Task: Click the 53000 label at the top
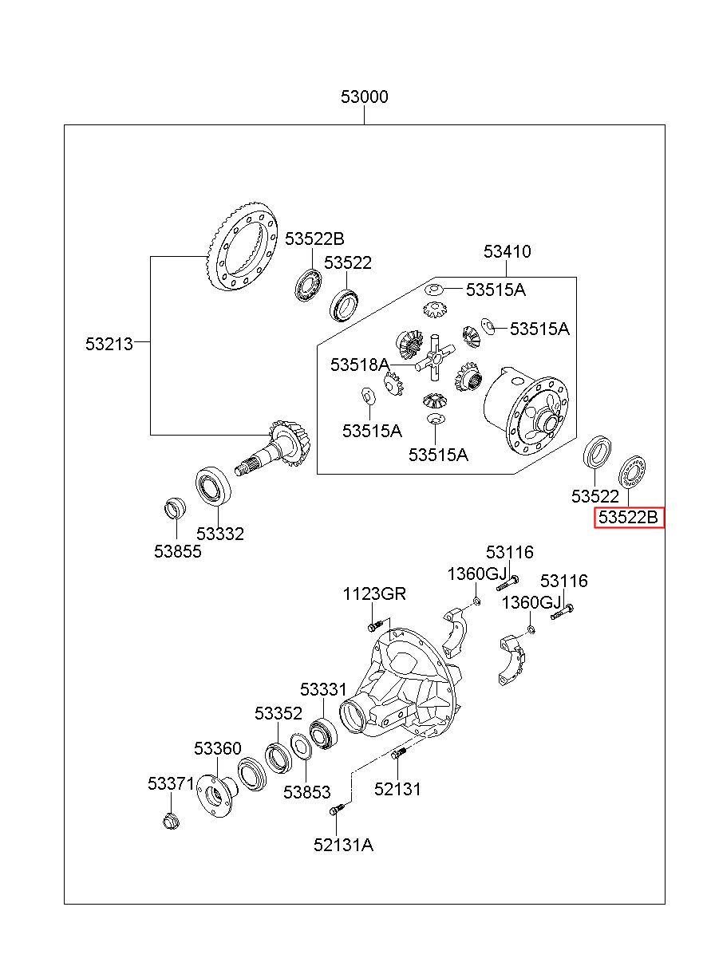(x=364, y=97)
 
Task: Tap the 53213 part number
(x=109, y=344)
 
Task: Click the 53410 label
(x=507, y=251)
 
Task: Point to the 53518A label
(x=360, y=365)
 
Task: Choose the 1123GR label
(x=374, y=593)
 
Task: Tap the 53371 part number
(x=172, y=783)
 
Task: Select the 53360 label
(x=217, y=748)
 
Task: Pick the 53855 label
(x=178, y=551)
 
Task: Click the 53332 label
(x=220, y=534)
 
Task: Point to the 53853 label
(x=306, y=792)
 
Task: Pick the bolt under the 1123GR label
(x=376, y=625)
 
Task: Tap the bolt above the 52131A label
(x=338, y=810)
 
